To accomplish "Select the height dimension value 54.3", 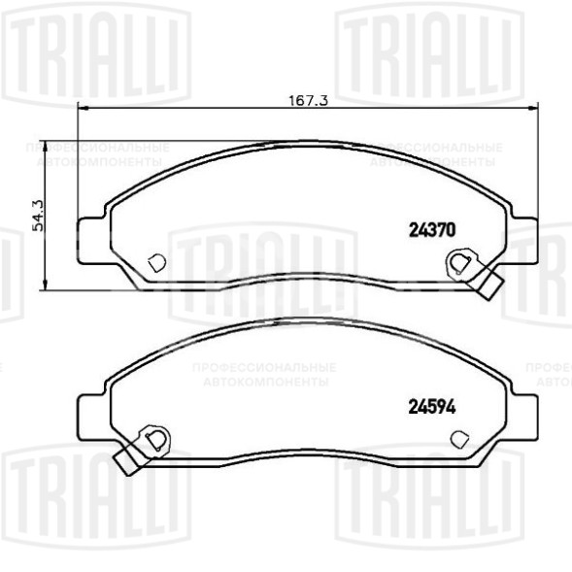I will point(39,215).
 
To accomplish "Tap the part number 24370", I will point(429,231).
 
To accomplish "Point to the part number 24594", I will point(429,408).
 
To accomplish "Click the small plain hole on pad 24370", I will point(155,261).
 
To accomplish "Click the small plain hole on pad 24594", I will point(457,436).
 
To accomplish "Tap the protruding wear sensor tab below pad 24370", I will point(490,285).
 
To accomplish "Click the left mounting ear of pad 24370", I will point(88,236).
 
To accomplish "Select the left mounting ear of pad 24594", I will point(88,412).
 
